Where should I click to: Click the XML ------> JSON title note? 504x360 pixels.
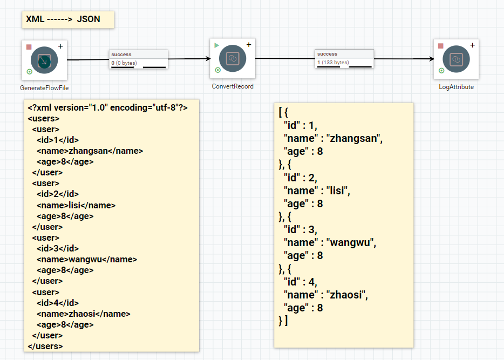[63, 19]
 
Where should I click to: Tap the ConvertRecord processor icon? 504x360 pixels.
[233, 58]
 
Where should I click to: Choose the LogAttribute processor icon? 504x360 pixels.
[456, 59]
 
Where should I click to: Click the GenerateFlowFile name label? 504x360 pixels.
[44, 88]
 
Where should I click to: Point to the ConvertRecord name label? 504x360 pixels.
[233, 86]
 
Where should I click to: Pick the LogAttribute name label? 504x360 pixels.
[457, 87]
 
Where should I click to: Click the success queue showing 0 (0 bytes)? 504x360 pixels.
[139, 59]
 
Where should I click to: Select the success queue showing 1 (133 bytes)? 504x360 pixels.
[345, 59]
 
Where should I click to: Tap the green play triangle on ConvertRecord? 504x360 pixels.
[217, 45]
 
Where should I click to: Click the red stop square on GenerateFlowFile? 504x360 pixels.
[29, 47]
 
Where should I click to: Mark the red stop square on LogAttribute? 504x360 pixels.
[441, 46]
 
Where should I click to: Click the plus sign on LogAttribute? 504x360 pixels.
[473, 45]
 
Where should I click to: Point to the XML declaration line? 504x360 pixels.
[108, 108]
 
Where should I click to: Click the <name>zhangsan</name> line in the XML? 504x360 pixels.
[90, 151]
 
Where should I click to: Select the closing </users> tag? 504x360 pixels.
[45, 346]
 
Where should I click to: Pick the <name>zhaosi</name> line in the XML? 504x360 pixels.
[84, 314]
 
